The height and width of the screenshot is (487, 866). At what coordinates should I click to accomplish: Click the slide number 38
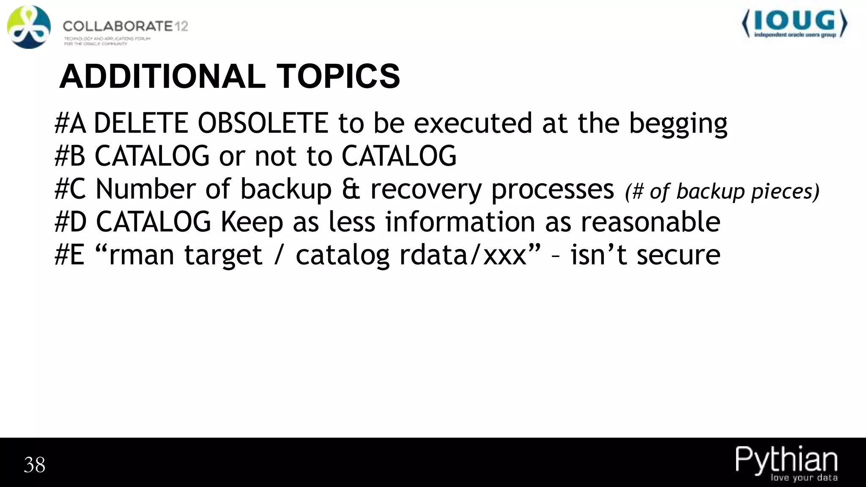click(x=35, y=465)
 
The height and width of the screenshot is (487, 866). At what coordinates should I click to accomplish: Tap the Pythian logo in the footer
click(x=786, y=463)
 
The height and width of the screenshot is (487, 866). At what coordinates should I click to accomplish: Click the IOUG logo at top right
click(x=795, y=25)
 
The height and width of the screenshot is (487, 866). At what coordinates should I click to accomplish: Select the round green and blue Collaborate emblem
click(x=29, y=27)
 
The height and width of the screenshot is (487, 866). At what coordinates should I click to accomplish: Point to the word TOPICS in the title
click(x=338, y=77)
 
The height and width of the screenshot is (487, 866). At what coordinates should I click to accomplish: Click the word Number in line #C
click(x=146, y=189)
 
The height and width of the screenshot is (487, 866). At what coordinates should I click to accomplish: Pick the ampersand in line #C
click(x=351, y=189)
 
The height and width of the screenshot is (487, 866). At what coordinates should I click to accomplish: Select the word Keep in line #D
click(x=252, y=222)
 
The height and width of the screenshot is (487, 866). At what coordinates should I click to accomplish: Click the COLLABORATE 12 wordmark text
click(x=125, y=26)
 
